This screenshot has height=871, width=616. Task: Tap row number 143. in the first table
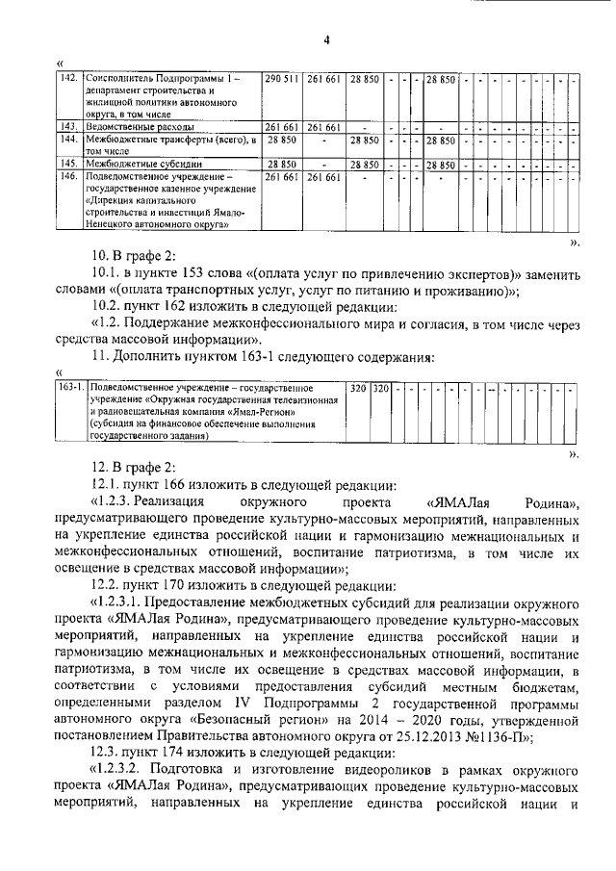pyautogui.click(x=70, y=126)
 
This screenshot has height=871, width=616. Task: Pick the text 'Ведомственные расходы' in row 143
pyautogui.click(x=141, y=126)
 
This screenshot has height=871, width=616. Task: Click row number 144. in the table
pyautogui.click(x=70, y=140)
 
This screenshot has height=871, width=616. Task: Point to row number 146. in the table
pyautogui.click(x=70, y=177)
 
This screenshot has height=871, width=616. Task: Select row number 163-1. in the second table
pyautogui.click(x=72, y=388)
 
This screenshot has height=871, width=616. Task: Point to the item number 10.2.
pyautogui.click(x=107, y=307)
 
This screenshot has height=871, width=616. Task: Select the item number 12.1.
pyautogui.click(x=106, y=484)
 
